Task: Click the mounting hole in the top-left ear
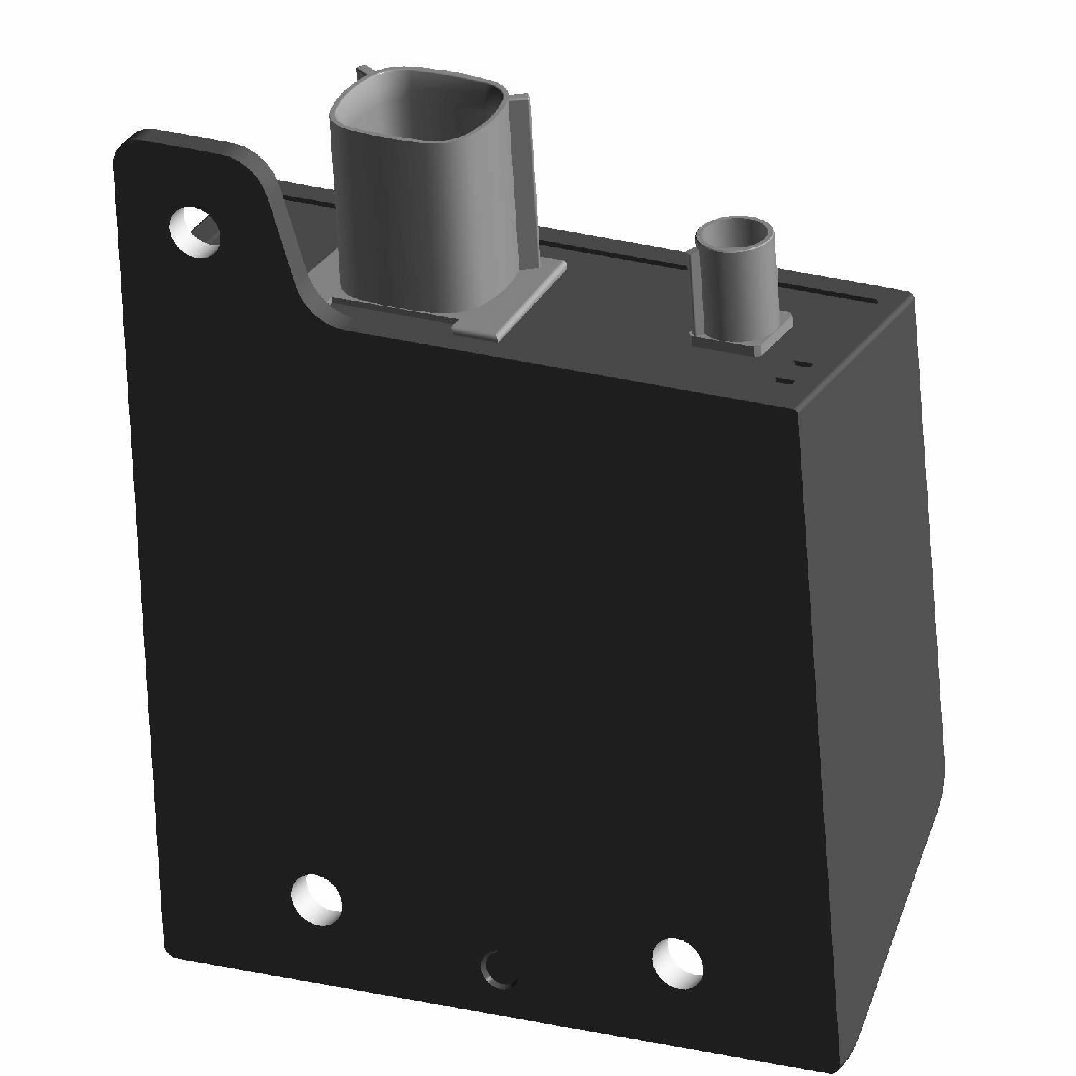194,232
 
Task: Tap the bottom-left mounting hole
316,899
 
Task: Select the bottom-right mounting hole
677,961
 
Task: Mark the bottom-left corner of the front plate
172,950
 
